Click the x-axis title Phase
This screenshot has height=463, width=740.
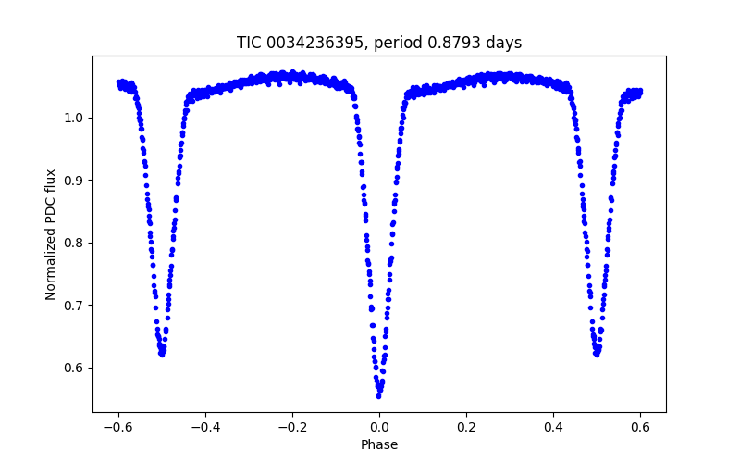point(379,444)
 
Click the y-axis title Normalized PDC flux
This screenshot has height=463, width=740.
point(51,233)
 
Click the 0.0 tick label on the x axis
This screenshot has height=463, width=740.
point(379,427)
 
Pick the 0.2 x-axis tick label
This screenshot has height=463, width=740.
point(466,427)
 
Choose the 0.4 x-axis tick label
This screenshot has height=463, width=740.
point(553,427)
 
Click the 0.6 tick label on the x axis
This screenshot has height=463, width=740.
point(640,427)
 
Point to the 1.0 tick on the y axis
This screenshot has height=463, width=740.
point(77,118)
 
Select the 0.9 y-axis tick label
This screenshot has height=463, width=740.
point(77,181)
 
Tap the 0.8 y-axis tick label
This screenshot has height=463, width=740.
point(77,243)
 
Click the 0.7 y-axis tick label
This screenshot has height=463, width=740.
point(77,306)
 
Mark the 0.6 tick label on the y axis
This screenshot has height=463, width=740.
point(77,368)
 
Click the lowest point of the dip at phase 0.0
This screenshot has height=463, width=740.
point(379,395)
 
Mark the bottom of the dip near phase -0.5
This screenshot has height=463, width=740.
point(162,354)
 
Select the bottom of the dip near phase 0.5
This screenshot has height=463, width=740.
point(597,354)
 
